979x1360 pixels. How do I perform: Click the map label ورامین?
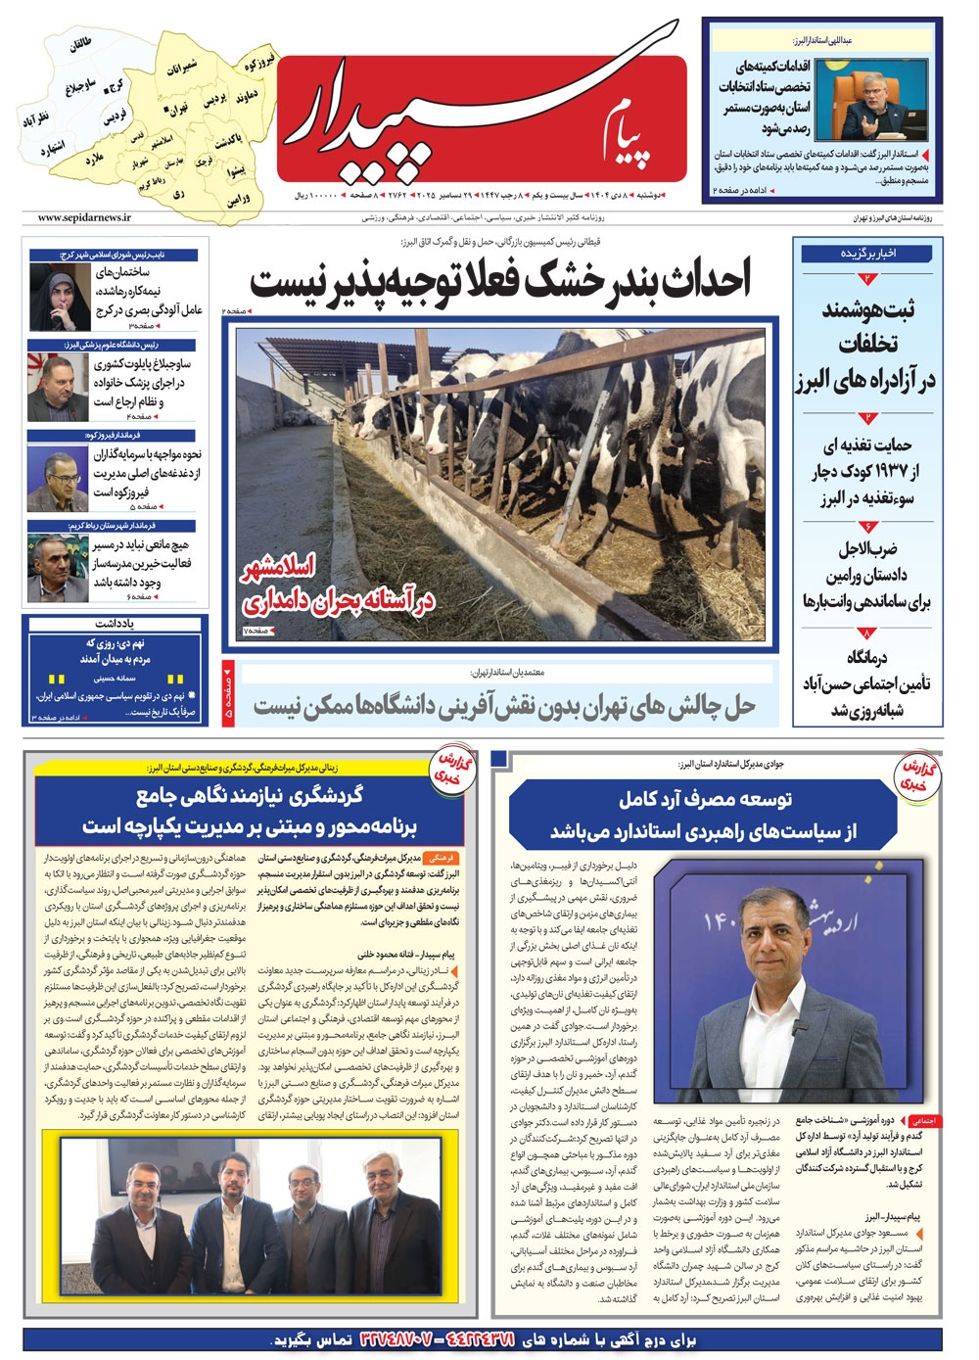239,200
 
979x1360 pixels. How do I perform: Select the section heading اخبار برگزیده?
867,253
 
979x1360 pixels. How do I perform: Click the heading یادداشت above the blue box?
115,623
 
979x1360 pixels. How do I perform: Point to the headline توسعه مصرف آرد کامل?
705,799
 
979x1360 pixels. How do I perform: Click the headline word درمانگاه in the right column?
866,658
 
